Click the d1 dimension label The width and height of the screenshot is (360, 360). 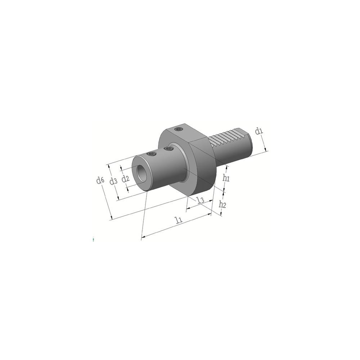click(x=259, y=131)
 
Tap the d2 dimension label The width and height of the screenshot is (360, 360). click(x=126, y=179)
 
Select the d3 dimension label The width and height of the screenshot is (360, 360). click(x=113, y=181)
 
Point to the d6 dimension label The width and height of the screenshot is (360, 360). click(x=100, y=180)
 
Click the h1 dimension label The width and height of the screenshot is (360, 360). click(x=226, y=178)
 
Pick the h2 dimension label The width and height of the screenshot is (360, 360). click(x=222, y=204)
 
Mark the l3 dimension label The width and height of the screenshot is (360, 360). click(x=201, y=200)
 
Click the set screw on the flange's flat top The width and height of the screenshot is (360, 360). click(x=179, y=129)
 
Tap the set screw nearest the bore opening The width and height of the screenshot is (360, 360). click(x=151, y=154)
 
